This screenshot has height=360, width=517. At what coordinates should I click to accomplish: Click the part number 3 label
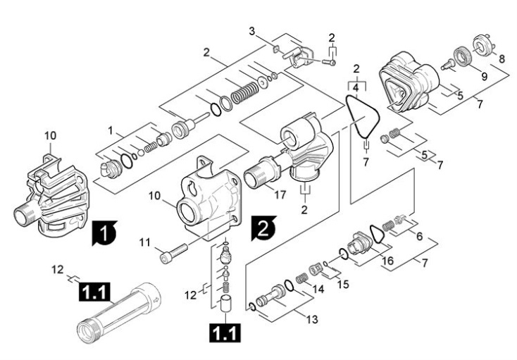point(252,32)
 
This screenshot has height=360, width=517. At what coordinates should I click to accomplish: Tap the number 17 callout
point(280,195)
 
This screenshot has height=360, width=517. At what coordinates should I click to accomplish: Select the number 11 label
point(145,242)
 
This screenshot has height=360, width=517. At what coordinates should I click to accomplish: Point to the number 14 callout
point(318,289)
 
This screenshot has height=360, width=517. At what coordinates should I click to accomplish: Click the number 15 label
point(343,284)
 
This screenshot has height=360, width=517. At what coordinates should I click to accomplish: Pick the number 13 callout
point(312,319)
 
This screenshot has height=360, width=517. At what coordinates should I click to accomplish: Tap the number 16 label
point(387,261)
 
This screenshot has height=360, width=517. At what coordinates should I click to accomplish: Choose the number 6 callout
point(419,237)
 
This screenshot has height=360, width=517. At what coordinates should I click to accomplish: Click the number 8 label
point(502,59)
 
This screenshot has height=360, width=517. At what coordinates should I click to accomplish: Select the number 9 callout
point(485,77)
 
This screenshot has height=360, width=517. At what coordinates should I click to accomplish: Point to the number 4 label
point(356,88)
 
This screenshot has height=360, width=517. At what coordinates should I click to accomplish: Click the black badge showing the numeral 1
point(104,233)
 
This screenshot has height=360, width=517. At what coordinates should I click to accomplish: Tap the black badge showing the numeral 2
point(263,228)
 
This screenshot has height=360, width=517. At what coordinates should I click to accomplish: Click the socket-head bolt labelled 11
point(174,252)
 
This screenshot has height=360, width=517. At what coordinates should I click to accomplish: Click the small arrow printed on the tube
point(156,300)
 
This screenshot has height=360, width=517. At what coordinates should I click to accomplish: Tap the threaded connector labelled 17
point(262,171)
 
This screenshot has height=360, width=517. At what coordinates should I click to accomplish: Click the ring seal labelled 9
point(462,56)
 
